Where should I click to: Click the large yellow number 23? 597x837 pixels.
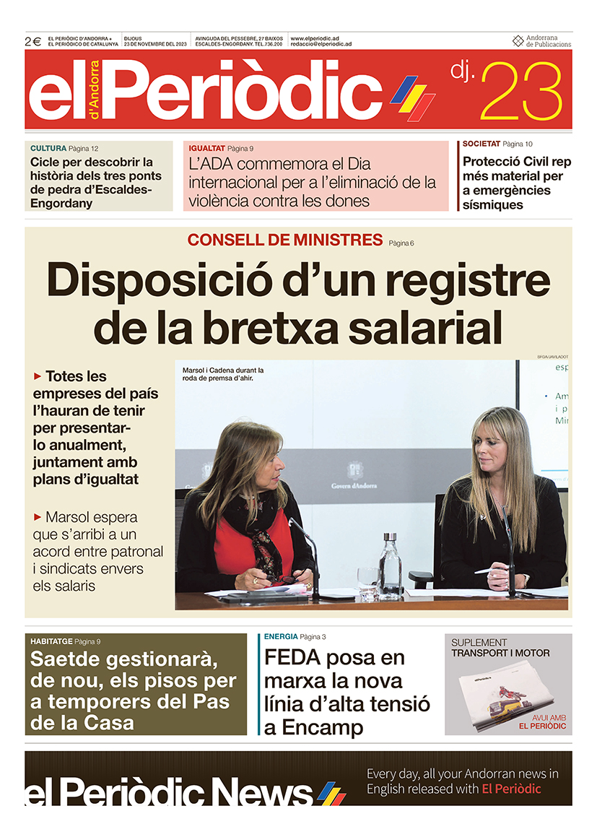(520, 92)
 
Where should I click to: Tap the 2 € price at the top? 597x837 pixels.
(33, 41)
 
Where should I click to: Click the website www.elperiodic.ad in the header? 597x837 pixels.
(315, 38)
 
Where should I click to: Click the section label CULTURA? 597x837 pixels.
(48, 148)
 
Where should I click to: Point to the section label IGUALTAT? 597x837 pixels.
(206, 148)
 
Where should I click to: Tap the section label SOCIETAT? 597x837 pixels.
(481, 144)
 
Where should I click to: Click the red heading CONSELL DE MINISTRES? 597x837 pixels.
(284, 240)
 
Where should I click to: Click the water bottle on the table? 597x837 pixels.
(391, 566)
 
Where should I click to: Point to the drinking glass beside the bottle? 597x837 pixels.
(368, 581)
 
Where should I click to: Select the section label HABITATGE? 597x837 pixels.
(51, 641)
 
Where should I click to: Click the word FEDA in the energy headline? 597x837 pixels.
(292, 658)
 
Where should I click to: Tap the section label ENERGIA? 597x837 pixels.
(281, 636)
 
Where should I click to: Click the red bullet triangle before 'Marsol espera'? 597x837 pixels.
(38, 517)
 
